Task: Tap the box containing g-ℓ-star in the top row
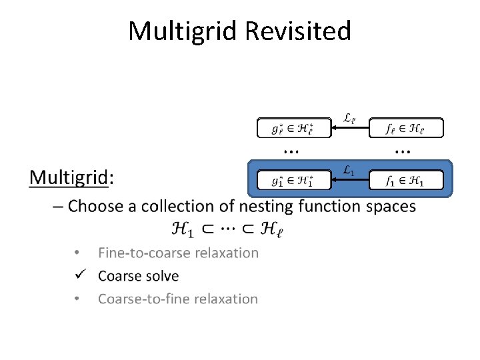tap(294, 128)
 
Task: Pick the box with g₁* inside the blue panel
tap(294, 180)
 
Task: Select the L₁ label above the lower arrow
tap(348, 171)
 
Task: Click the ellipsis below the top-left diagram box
tap(291, 151)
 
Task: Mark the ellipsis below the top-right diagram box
tap(403, 151)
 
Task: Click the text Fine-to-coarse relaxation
tap(178, 253)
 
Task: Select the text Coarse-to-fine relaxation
tap(178, 299)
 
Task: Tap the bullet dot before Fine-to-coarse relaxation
tap(78, 253)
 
